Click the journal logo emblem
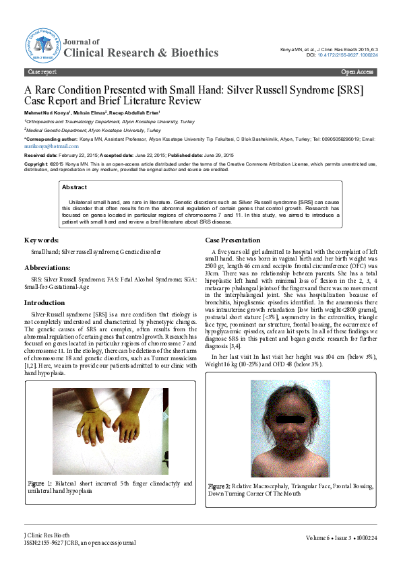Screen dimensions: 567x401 coord(44,45)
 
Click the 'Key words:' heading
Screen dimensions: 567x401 coord(42,240)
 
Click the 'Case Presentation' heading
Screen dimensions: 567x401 coord(233,240)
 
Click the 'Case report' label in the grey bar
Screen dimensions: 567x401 coord(42,71)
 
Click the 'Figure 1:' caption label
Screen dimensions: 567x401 coord(40,483)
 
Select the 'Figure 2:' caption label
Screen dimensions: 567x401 coord(220,486)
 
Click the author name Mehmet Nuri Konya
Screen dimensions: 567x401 coord(47,112)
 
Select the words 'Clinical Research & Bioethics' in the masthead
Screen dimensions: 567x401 coord(145,53)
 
